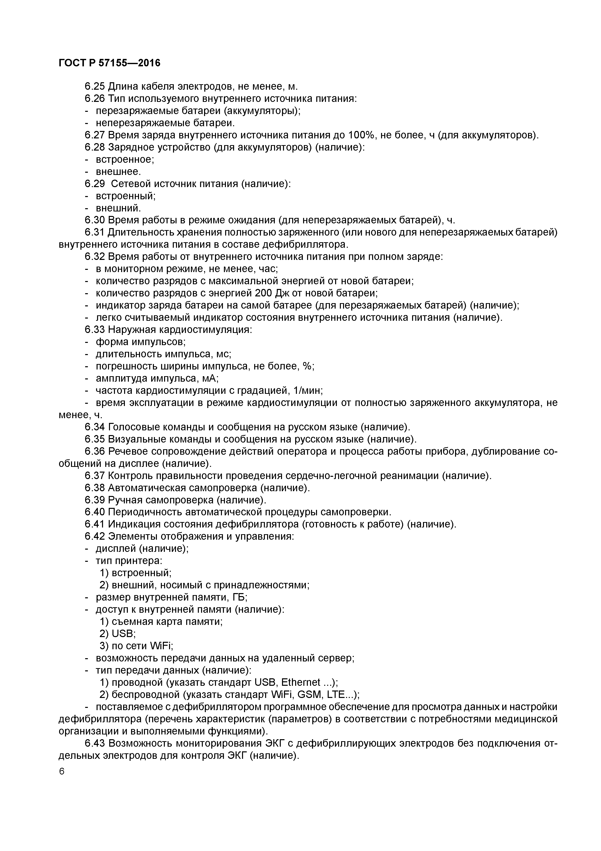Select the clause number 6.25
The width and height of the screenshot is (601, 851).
point(95,86)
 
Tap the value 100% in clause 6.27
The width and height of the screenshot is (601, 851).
point(362,135)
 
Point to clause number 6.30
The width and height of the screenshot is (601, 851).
point(95,220)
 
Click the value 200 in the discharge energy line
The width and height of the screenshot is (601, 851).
point(264,293)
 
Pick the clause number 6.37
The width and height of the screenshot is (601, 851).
point(95,476)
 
